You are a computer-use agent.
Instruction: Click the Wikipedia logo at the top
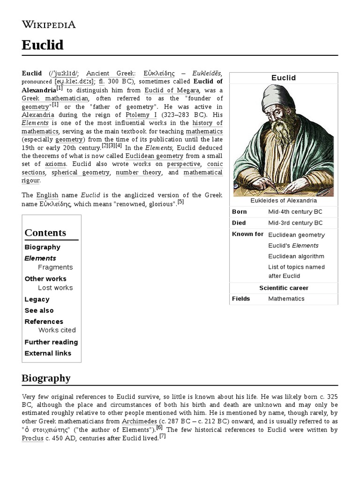(48, 25)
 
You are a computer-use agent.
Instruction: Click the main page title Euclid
(42, 45)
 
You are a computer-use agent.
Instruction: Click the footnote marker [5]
(180, 202)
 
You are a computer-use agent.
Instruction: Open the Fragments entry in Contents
(55, 267)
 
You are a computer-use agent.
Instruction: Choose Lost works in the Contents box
(55, 288)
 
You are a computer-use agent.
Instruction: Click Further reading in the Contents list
(51, 342)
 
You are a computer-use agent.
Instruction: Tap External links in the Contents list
(48, 353)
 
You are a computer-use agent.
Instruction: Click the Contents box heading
(45, 233)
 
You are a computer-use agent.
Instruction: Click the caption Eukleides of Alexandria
(284, 201)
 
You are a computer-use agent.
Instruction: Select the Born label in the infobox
(239, 212)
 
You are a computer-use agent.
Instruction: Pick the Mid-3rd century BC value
(295, 223)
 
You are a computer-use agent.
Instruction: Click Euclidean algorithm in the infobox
(296, 256)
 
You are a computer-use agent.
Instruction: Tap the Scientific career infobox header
(284, 288)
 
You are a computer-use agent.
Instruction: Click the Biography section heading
(46, 378)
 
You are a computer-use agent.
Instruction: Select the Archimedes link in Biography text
(140, 421)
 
